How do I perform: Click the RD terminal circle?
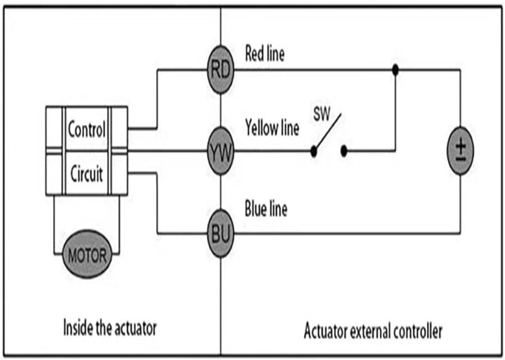coord(221,69)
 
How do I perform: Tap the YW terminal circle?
coord(221,151)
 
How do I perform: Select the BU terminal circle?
coord(221,234)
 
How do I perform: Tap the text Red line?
coord(264,54)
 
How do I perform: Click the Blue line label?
coord(266,209)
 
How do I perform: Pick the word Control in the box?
coord(86,131)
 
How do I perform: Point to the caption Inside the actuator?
coord(109,328)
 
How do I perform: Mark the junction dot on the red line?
coord(395,69)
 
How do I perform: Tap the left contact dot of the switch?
coord(313,151)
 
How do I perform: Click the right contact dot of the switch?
coord(345,151)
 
